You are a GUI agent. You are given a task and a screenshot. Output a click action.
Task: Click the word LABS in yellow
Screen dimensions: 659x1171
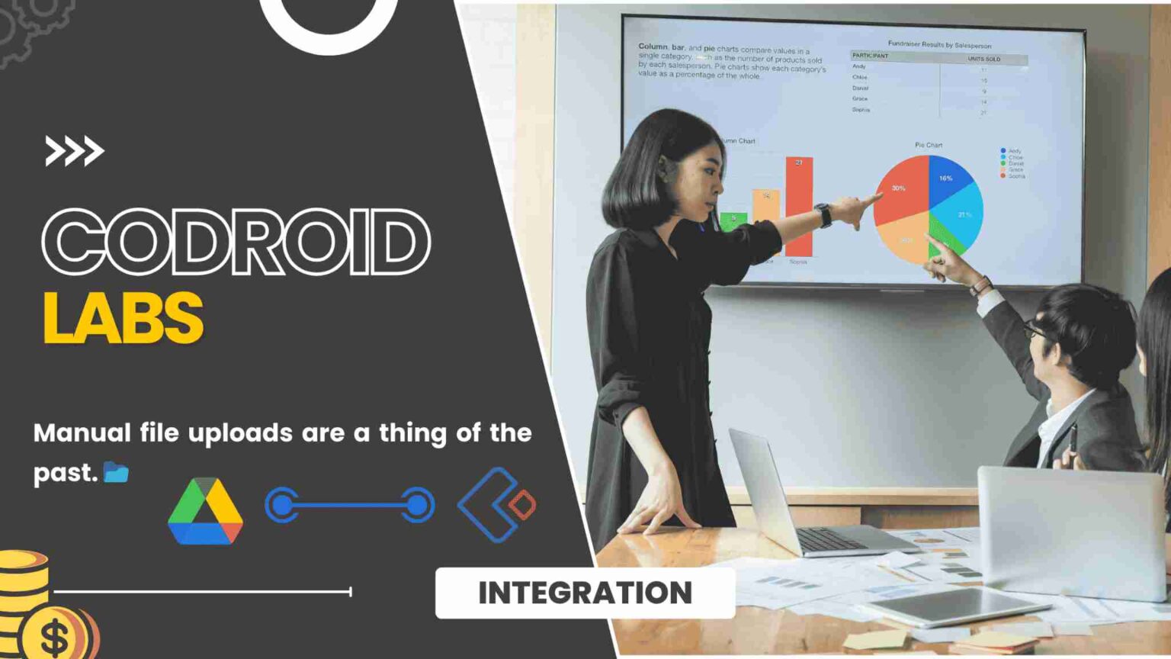pyautogui.click(x=124, y=317)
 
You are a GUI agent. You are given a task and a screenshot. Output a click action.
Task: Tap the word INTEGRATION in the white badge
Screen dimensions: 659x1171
pyautogui.click(x=585, y=593)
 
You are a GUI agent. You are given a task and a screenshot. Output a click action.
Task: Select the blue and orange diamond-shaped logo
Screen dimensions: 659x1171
pyautogui.click(x=497, y=505)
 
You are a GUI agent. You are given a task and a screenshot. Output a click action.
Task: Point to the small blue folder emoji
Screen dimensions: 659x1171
pyautogui.click(x=116, y=473)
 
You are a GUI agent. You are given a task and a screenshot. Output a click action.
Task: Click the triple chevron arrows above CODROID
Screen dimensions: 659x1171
pyautogui.click(x=74, y=151)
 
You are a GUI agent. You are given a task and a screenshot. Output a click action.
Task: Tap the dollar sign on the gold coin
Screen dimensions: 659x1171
pyautogui.click(x=55, y=638)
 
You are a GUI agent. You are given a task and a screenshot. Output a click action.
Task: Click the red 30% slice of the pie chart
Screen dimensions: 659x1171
pyautogui.click(x=900, y=191)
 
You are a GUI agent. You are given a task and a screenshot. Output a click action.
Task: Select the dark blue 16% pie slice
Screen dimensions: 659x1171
pyautogui.click(x=946, y=178)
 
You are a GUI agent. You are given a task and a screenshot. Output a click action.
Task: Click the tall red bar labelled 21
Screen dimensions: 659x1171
pyautogui.click(x=799, y=206)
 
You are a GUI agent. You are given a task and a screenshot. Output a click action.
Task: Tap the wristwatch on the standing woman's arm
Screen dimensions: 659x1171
pyautogui.click(x=823, y=215)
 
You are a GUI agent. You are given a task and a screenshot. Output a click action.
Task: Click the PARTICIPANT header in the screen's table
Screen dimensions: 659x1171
pyautogui.click(x=871, y=56)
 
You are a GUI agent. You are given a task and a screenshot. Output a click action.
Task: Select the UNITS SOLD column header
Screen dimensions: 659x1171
pyautogui.click(x=983, y=59)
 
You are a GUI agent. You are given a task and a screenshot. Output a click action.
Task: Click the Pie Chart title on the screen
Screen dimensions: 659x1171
pyautogui.click(x=929, y=145)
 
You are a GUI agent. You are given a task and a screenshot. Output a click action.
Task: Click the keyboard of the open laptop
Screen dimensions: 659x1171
pyautogui.click(x=831, y=539)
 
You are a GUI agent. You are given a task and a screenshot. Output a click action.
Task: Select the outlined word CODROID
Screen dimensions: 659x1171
pyautogui.click(x=236, y=242)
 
